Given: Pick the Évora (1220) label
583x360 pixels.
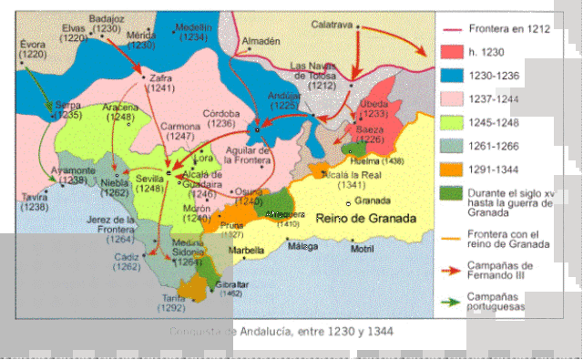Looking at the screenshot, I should point(32,48).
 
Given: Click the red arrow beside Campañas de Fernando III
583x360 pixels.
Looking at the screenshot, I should point(452,272).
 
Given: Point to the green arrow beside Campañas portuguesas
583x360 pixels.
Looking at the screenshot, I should point(452,301).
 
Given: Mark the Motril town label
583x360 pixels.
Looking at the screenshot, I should point(362,249).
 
